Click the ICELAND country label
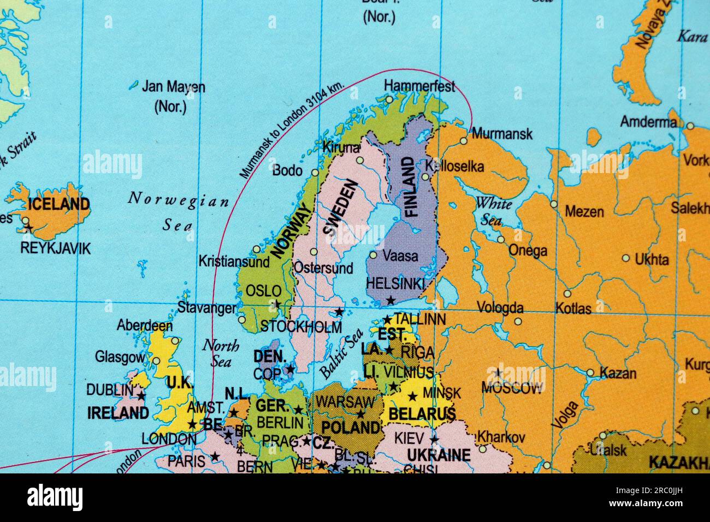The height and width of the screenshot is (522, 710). [x=58, y=205]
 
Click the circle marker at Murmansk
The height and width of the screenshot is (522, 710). [x=464, y=141]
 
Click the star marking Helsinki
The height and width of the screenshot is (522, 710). [x=390, y=301]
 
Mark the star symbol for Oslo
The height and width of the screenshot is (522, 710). [x=277, y=304]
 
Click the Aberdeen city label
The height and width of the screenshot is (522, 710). [x=145, y=326]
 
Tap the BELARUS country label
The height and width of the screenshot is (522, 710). [x=422, y=414]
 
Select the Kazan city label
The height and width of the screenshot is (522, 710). [x=618, y=373]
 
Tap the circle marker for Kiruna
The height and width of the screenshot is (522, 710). [x=360, y=160]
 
